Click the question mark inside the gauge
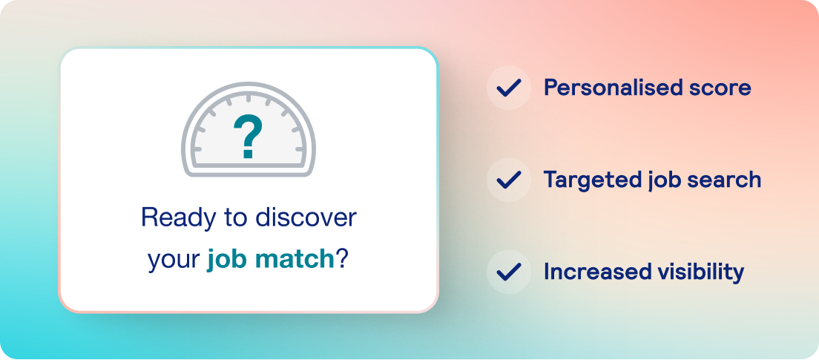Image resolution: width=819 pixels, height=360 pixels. coord(249,137)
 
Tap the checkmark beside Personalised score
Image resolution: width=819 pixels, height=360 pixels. coord(509,88)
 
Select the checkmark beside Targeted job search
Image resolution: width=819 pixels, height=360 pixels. coord(509,180)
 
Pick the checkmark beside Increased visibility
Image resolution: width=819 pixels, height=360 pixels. coord(509,272)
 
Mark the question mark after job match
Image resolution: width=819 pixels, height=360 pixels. coord(342,259)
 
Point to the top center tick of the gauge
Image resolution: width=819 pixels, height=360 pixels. coord(249,98)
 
